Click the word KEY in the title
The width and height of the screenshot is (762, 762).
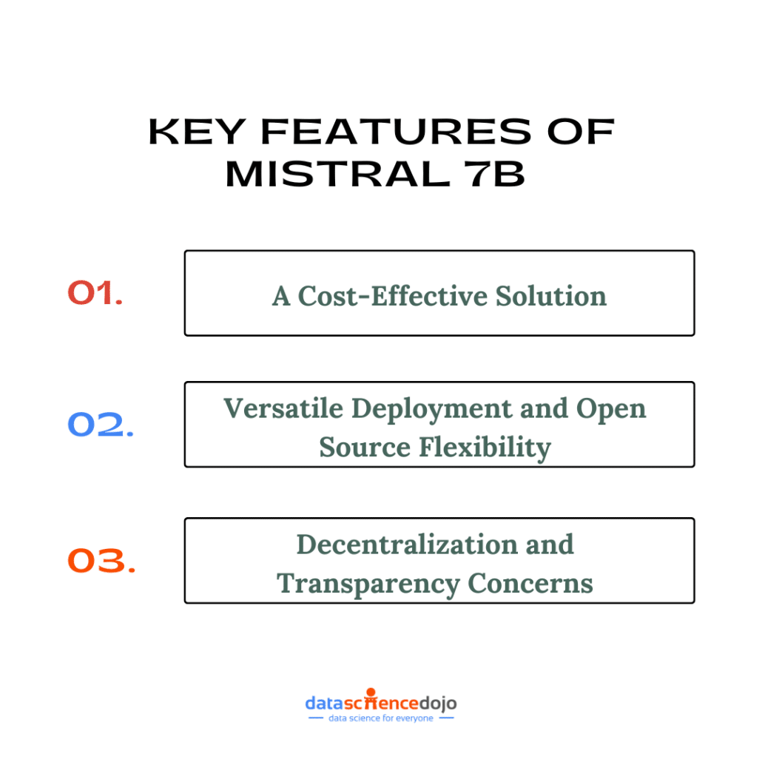click(197, 132)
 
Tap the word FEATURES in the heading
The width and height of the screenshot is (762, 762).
click(396, 132)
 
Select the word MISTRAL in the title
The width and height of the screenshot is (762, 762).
click(338, 174)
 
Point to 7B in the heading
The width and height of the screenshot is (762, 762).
click(495, 174)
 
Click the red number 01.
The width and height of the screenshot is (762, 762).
click(95, 293)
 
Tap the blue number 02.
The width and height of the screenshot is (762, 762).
click(101, 424)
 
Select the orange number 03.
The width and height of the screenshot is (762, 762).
click(101, 560)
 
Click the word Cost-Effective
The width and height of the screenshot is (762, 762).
click(392, 296)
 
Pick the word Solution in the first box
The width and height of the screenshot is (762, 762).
click(551, 296)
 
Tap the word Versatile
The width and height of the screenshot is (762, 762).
click(283, 408)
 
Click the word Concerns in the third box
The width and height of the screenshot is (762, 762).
click(530, 583)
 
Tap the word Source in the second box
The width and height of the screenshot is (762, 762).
click(365, 447)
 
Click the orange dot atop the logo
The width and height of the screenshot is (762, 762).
click(371, 692)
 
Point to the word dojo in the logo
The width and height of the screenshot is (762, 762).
click(438, 704)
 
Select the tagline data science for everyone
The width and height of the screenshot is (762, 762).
click(380, 718)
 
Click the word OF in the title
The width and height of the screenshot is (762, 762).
click(581, 132)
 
